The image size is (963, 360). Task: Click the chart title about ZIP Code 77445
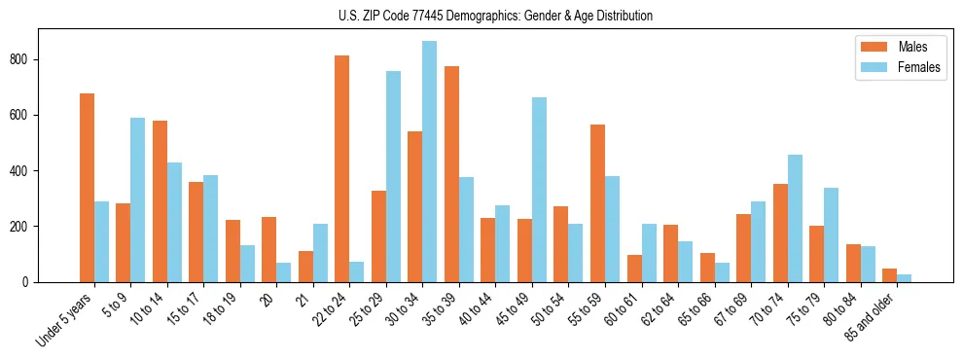click(x=481, y=16)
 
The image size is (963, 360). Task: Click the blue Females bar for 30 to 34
click(x=429, y=162)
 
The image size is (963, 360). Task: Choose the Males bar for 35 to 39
click(x=451, y=174)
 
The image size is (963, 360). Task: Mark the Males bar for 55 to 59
click(x=597, y=203)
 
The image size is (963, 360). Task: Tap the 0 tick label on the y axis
click(x=31, y=282)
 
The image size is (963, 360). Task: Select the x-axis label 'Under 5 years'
click(x=66, y=320)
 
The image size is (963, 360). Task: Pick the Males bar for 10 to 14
click(x=160, y=201)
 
